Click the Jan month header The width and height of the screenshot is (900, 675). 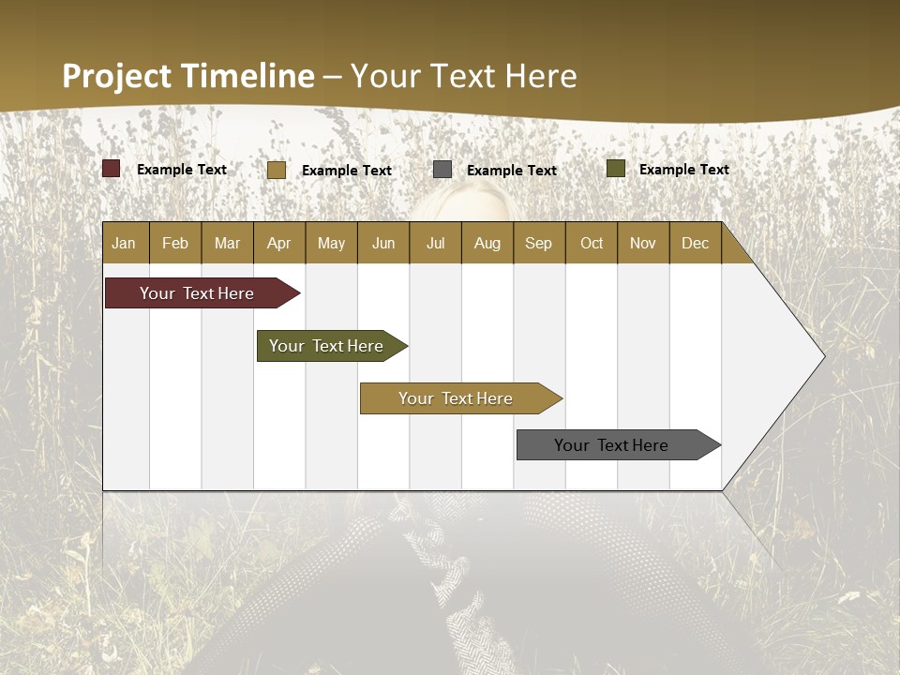[124, 243]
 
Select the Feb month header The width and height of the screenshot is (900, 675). [175, 243]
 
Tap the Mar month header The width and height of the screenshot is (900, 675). [227, 243]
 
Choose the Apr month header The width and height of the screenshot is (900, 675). [278, 243]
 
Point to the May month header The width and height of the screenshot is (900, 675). [331, 243]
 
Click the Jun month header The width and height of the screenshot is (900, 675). [383, 243]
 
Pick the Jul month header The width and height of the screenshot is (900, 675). [435, 243]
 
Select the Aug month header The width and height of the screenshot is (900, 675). [487, 243]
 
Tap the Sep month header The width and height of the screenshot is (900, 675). [538, 243]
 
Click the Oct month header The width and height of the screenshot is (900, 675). [592, 243]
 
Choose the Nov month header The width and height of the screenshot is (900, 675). [643, 243]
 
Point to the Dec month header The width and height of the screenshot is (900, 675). [695, 243]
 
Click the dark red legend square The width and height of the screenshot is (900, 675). [112, 169]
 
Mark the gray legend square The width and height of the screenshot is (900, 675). [442, 169]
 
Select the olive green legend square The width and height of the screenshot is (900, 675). [616, 169]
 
